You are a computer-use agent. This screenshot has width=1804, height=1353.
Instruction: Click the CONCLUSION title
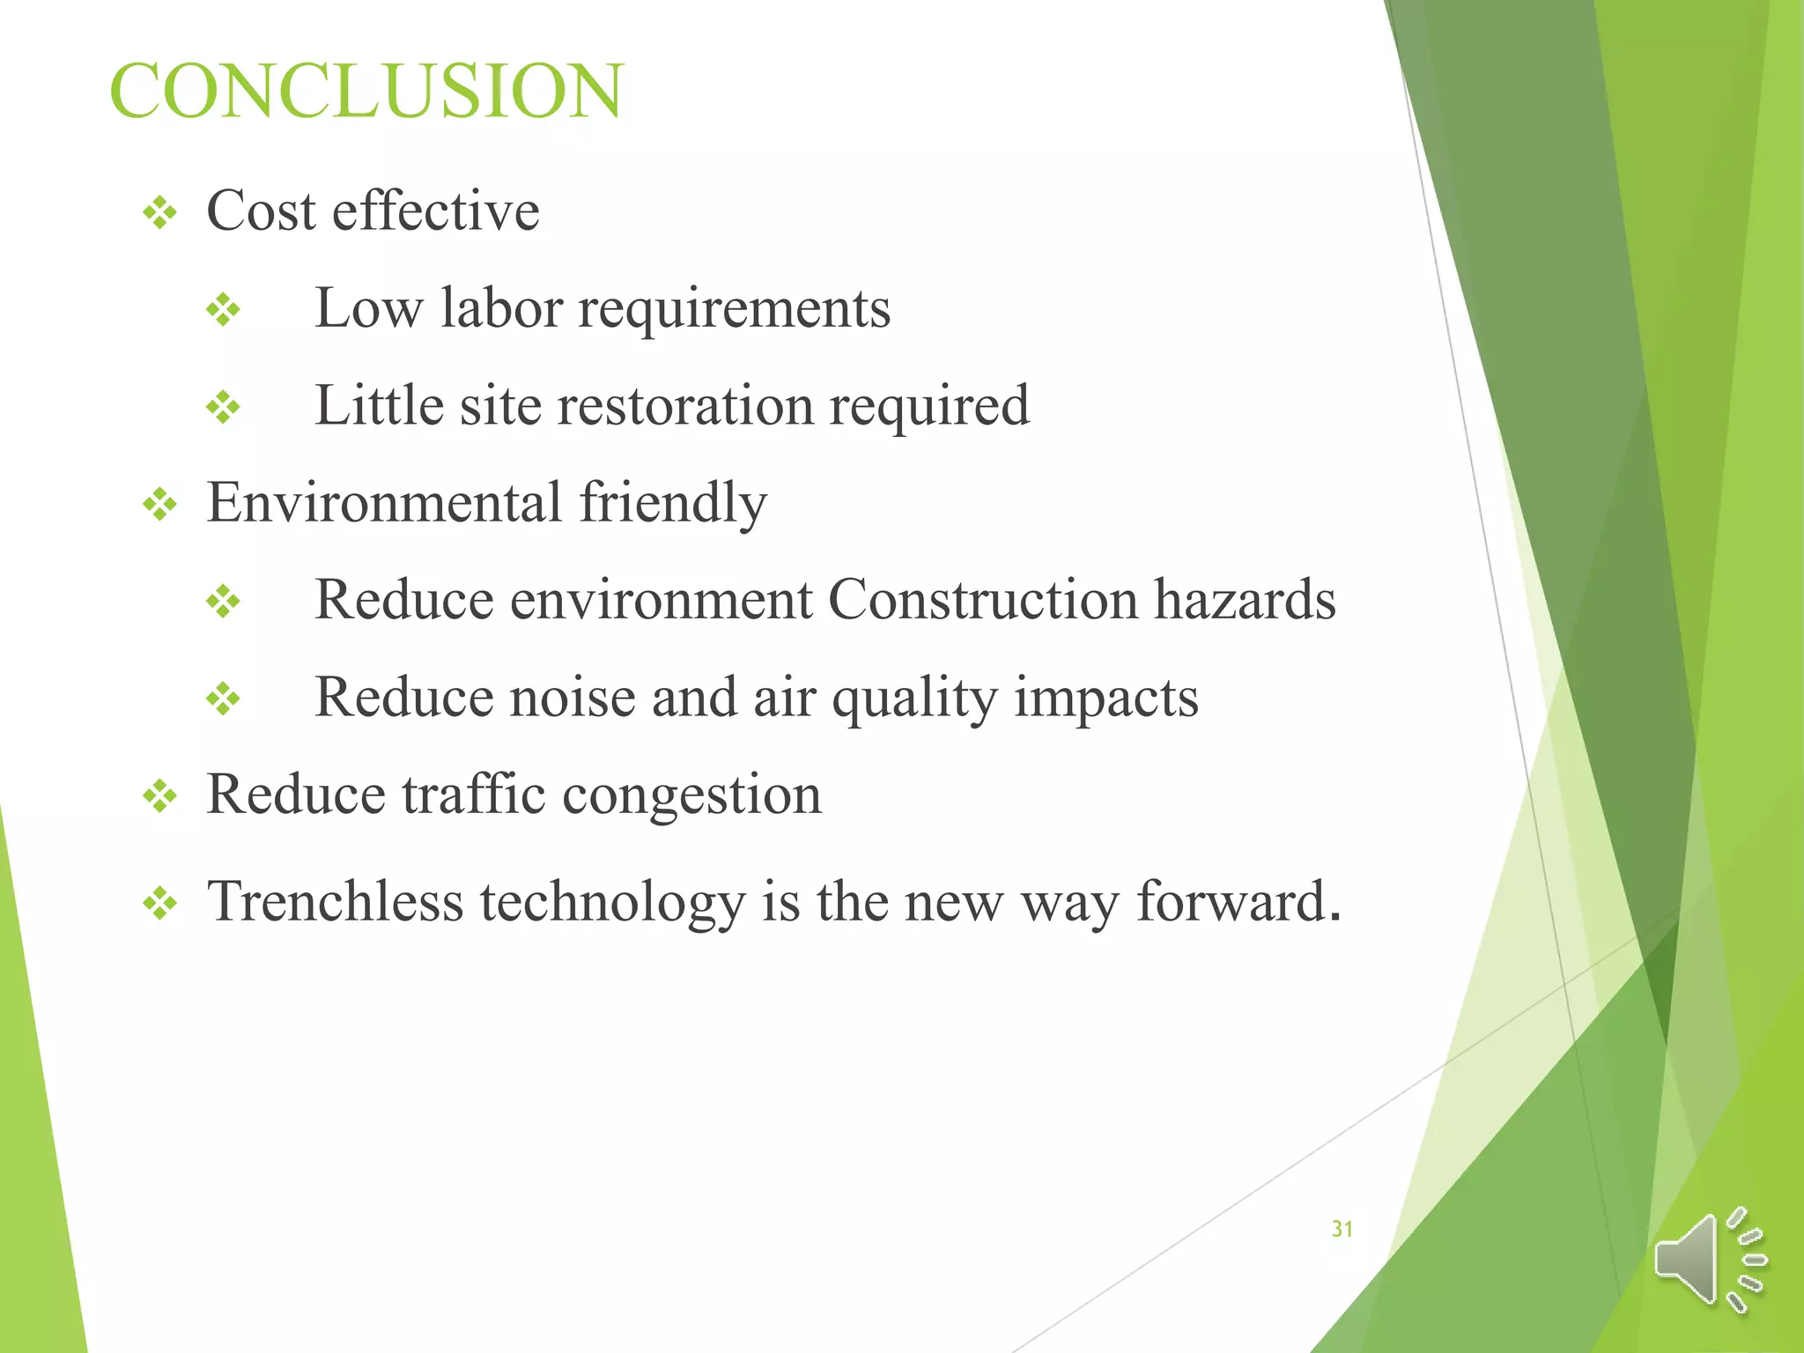(x=366, y=91)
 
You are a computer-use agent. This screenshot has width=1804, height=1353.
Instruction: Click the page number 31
(x=1342, y=1229)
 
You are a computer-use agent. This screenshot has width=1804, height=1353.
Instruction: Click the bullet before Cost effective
(x=159, y=213)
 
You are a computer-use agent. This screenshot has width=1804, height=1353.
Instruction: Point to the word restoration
(x=685, y=406)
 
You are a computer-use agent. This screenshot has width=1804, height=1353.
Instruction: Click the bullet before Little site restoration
(x=223, y=408)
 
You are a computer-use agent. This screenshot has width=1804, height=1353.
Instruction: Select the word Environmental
(x=384, y=502)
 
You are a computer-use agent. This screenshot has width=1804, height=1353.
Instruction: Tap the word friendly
(x=673, y=504)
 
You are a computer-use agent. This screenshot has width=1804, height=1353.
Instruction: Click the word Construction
(x=983, y=600)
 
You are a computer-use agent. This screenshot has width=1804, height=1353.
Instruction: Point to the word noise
(x=573, y=698)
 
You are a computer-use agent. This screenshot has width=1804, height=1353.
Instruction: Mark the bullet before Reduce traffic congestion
(x=159, y=797)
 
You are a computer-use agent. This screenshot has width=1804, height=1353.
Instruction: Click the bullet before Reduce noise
(x=223, y=700)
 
